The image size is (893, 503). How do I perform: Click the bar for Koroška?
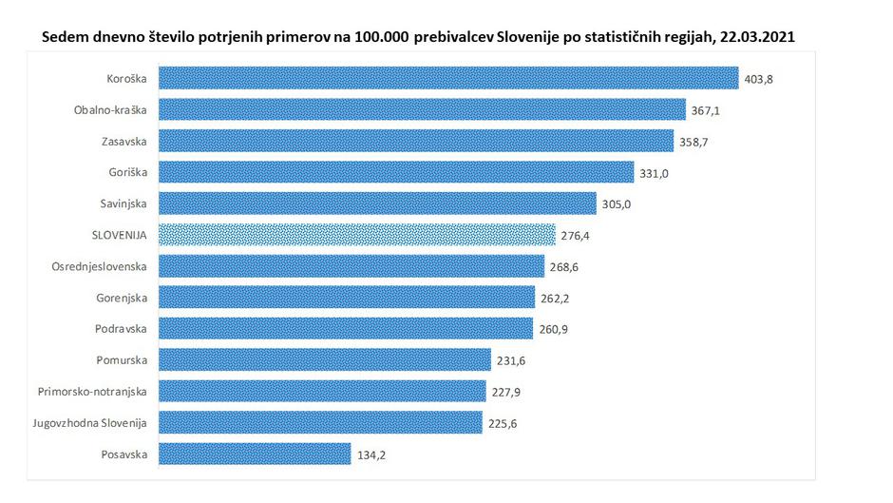click(x=447, y=78)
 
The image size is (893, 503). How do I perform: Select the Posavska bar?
click(x=254, y=454)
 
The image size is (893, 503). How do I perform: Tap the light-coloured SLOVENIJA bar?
click(x=356, y=235)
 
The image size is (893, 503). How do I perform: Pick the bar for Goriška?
click(x=395, y=172)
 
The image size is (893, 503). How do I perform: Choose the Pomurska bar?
click(x=324, y=359)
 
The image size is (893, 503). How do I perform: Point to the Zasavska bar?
click(x=416, y=141)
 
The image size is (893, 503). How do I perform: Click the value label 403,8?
click(x=759, y=79)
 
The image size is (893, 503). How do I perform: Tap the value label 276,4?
click(x=575, y=236)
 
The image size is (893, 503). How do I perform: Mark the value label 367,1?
click(x=705, y=110)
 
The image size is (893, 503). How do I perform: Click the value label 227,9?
click(x=505, y=392)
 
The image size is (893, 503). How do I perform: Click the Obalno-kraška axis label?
click(x=110, y=109)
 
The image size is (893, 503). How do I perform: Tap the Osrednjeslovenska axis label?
click(x=100, y=266)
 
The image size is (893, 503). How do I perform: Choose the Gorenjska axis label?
click(x=120, y=298)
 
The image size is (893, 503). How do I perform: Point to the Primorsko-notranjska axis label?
click(x=93, y=391)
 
